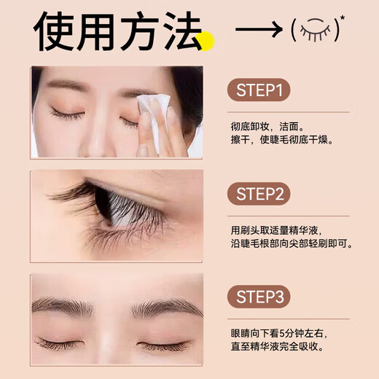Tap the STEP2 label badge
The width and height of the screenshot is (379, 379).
click(259, 195)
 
